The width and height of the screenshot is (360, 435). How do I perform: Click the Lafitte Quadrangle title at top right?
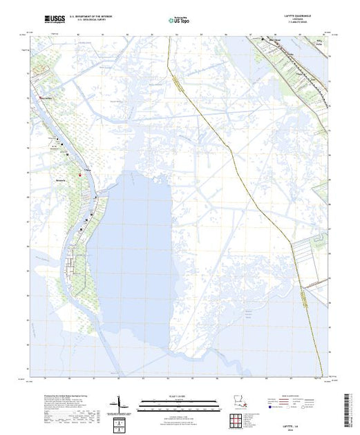pyautogui.click(x=303, y=15)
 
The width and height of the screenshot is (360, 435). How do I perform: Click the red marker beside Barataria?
pyautogui.click(x=79, y=174)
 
